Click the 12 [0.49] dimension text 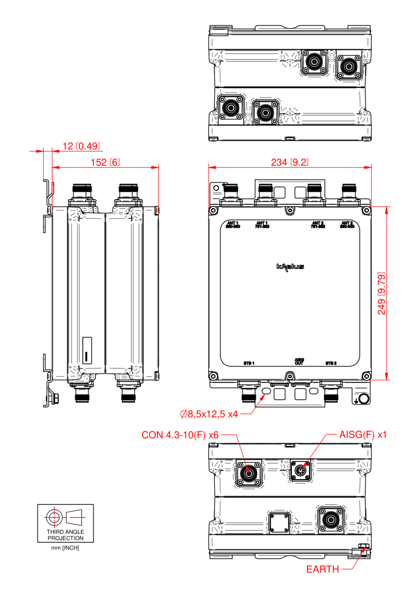pos(81,146)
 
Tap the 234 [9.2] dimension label pos(289,162)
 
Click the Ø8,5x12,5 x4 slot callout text pos(209,414)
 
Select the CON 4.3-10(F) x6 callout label pos(180,435)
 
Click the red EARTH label pos(322,569)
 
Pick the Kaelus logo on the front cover pos(290,267)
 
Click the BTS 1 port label pos(249,363)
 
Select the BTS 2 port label pos(331,363)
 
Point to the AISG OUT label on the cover pos(299,361)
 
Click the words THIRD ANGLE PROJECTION pos(65,535)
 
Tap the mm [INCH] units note pos(65,548)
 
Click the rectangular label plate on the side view pos(87,351)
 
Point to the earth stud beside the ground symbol pos(364,399)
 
